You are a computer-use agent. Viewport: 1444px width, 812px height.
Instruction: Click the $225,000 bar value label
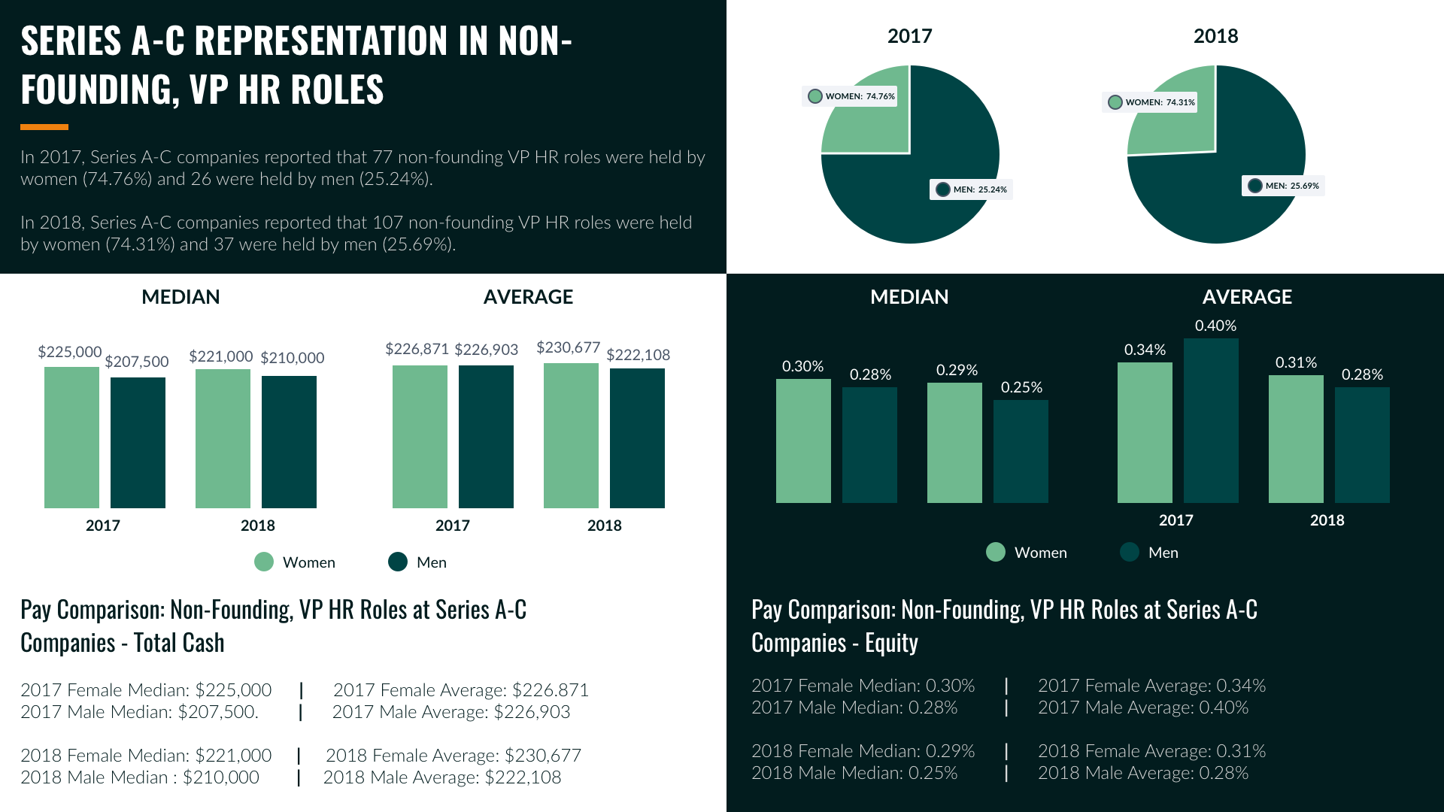tap(70, 352)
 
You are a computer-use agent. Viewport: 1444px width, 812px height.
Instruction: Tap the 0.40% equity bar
tap(1211, 420)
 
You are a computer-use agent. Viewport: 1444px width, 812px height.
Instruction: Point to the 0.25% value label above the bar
tap(1021, 387)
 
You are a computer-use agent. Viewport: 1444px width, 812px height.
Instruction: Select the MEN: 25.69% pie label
tap(1283, 186)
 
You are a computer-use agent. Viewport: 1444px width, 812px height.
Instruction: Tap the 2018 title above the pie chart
tap(1215, 36)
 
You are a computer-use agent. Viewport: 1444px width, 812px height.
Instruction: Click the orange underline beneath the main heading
tap(44, 127)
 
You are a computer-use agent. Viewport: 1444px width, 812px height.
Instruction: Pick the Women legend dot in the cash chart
tap(264, 562)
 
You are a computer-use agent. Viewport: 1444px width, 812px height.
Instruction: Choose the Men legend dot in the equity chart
tap(1130, 553)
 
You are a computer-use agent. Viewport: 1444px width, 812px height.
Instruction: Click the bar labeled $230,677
tap(571, 435)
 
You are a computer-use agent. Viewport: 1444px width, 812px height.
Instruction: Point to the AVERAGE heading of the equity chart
tap(1247, 297)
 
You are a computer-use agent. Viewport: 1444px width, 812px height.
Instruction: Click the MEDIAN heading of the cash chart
tap(180, 297)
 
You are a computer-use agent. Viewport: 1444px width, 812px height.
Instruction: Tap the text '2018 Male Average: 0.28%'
tap(1143, 773)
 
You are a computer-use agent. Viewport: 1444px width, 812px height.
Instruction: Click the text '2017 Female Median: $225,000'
tap(146, 690)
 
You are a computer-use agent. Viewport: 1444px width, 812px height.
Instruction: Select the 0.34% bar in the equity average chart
tap(1145, 432)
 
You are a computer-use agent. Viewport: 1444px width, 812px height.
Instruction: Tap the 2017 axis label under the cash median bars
tap(103, 526)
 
